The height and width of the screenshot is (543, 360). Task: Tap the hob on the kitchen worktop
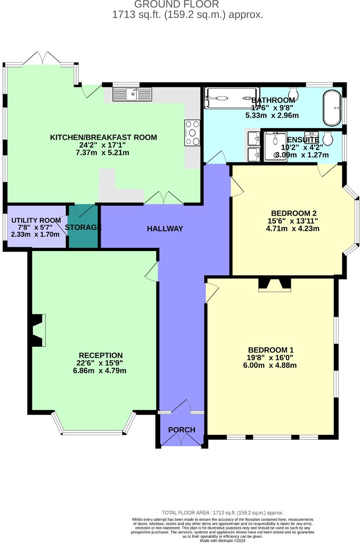(192, 133)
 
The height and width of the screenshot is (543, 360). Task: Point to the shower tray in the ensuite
(275, 146)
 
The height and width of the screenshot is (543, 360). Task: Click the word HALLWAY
(165, 229)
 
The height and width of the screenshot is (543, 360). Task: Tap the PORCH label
(182, 430)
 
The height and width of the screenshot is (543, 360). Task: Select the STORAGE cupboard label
(83, 227)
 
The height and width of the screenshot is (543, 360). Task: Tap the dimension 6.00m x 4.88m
(270, 365)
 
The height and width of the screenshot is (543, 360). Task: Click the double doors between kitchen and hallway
(163, 198)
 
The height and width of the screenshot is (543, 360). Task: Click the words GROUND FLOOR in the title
(176, 4)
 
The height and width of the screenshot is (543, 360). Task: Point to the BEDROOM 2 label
(294, 213)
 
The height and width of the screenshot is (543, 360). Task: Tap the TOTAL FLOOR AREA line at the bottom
(223, 513)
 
